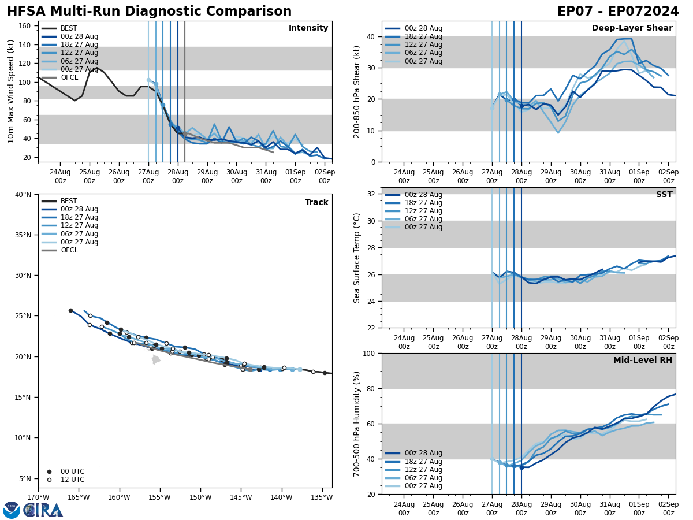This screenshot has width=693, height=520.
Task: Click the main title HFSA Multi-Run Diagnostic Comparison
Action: tap(149, 12)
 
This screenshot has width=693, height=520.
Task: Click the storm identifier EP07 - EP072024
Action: tap(618, 12)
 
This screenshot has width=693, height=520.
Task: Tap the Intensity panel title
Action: tap(308, 28)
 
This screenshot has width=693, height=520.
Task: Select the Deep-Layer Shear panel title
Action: tap(632, 28)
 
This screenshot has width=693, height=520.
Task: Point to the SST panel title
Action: tap(664, 195)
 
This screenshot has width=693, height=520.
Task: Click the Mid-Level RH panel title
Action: tap(643, 361)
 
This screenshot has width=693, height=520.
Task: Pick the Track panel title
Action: tap(316, 203)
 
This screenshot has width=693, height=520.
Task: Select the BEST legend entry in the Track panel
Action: tap(69, 201)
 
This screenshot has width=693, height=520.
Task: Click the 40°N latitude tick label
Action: tap(23, 195)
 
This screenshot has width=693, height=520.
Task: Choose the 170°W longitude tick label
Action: tap(38, 498)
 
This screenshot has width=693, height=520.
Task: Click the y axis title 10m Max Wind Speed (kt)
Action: tap(11, 91)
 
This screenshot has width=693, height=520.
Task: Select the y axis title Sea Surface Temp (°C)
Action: tap(357, 258)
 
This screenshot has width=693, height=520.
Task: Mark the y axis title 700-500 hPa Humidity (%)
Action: tap(357, 424)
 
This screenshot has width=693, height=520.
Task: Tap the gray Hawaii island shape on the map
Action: tap(155, 359)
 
